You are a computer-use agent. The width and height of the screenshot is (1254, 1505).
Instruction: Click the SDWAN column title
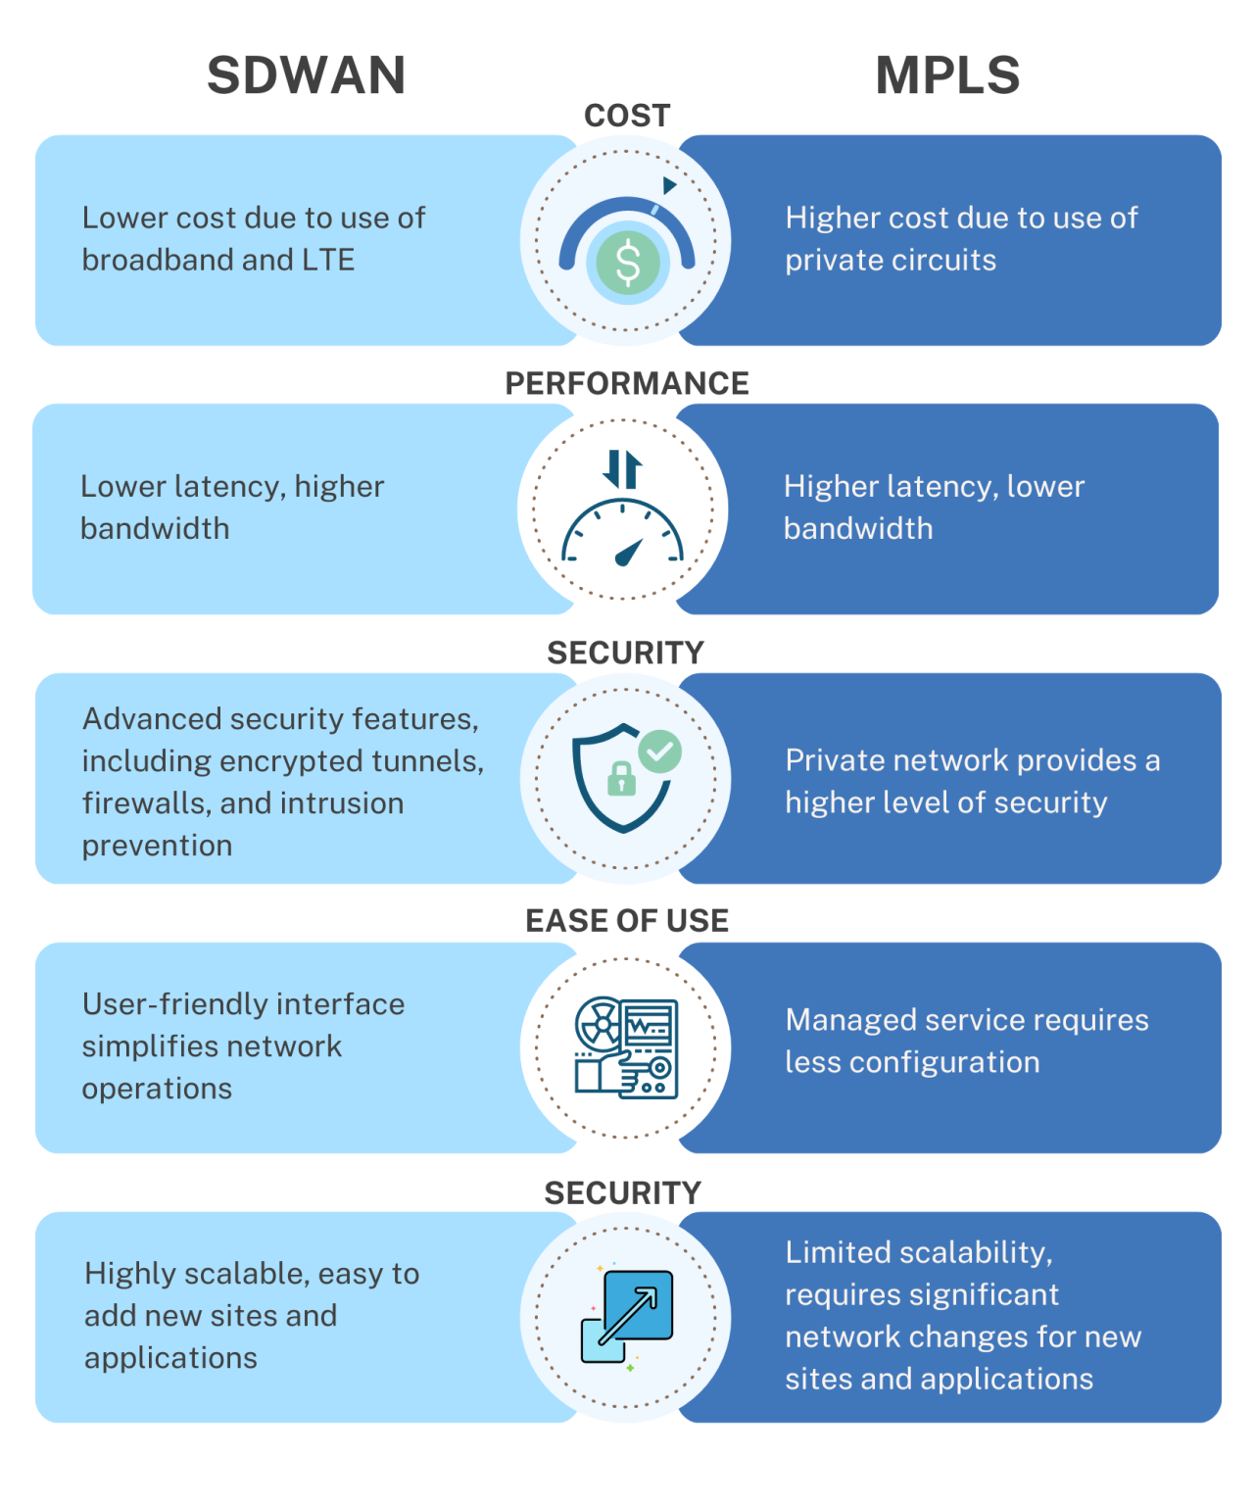[x=306, y=75]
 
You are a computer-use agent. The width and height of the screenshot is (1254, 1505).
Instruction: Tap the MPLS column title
[x=947, y=75]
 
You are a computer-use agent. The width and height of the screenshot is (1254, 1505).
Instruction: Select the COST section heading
[x=627, y=116]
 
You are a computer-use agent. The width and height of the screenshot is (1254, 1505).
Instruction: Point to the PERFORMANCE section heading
[x=627, y=383]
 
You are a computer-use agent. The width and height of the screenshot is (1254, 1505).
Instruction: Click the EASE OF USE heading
[x=627, y=920]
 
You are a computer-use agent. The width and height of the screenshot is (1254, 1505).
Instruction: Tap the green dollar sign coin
[x=627, y=263]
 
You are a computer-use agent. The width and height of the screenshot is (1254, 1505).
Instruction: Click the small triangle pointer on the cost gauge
[x=669, y=185]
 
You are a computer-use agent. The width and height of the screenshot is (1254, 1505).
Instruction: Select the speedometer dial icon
[x=622, y=534]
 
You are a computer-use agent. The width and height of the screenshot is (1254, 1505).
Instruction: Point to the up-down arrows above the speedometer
[x=622, y=468]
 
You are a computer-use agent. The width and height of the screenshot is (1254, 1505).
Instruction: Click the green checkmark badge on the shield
[x=660, y=752]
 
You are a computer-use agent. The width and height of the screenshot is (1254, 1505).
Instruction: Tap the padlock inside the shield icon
[x=622, y=780]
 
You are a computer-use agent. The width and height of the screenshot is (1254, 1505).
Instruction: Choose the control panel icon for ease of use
[x=626, y=1047]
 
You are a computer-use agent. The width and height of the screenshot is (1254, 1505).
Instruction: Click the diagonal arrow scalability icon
[x=628, y=1316]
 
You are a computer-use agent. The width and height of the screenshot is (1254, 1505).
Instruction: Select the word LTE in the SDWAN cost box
[x=328, y=260]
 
